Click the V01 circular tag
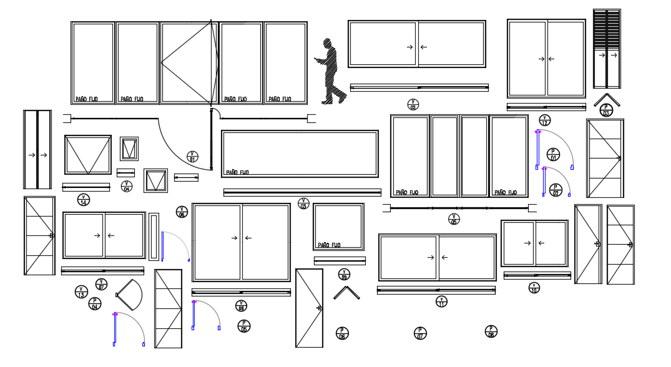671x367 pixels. [192, 157]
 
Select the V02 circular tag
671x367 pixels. [413, 104]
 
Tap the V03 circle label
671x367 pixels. [303, 203]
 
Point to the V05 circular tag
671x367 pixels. [454, 219]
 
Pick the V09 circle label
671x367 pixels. [344, 275]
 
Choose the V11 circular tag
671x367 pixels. [441, 301]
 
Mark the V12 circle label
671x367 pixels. [544, 120]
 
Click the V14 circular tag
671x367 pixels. [83, 200]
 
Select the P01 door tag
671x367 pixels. [553, 154]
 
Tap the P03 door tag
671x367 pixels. [605, 110]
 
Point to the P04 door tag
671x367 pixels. [95, 304]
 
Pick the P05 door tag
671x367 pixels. [243, 326]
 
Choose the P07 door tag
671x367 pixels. [420, 333]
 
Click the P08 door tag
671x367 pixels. [491, 331]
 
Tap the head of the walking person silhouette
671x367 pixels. [326, 43]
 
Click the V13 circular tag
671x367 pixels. [81, 292]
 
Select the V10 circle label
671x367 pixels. [534, 288]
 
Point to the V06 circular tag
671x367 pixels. [182, 212]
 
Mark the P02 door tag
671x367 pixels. [556, 190]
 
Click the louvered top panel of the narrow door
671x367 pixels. [607, 28]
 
